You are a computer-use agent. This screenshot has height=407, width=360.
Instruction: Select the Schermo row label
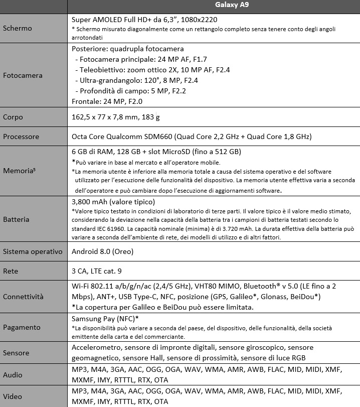(18, 28)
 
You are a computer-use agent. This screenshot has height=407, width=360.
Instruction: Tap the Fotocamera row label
(23, 75)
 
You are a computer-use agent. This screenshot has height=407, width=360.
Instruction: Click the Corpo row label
(14, 117)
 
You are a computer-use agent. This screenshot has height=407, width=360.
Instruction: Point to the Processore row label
(21, 137)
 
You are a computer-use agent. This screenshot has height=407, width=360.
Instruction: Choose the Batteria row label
(16, 219)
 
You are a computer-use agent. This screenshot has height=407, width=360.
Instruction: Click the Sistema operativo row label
(32, 251)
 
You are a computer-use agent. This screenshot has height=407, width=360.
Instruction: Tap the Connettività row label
(23, 297)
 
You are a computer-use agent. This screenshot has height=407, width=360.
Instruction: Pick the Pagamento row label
(22, 327)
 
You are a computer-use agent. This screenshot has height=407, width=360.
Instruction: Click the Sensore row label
(17, 352)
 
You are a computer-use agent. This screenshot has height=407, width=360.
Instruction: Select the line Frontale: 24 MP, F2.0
(107, 102)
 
